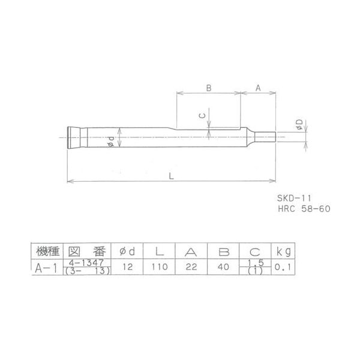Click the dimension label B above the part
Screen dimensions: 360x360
[x=209, y=88]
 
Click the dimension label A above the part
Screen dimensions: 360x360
[x=258, y=88]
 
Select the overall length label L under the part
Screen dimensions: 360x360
[x=172, y=175]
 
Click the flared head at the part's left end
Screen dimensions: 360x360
[x=74, y=138]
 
